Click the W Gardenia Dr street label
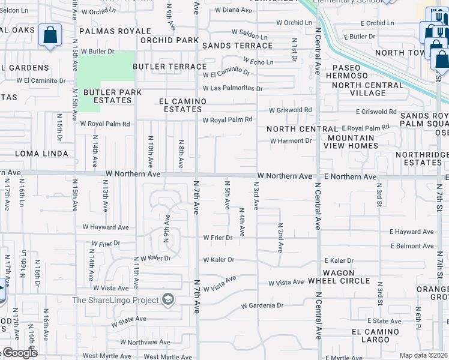262,305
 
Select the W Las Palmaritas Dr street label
233,89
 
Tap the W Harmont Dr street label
291,141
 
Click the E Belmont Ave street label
411,246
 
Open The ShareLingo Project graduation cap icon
169,300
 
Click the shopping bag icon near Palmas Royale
50,36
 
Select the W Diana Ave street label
229,10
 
